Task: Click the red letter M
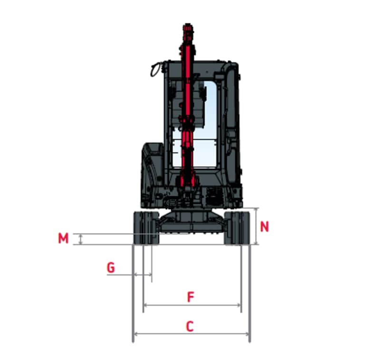click(63, 238)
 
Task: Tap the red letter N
click(264, 226)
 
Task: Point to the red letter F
click(191, 297)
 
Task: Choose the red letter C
click(190, 326)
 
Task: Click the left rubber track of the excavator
click(146, 228)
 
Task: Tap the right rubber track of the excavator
click(237, 228)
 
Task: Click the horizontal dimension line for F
click(192, 305)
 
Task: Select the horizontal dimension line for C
click(192, 334)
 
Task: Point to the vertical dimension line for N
click(256, 226)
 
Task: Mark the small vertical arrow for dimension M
click(81, 239)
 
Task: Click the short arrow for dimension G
click(143, 275)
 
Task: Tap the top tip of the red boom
click(188, 23)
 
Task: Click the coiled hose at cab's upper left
click(155, 69)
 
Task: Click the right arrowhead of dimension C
click(248, 334)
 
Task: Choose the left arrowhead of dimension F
click(145, 305)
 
